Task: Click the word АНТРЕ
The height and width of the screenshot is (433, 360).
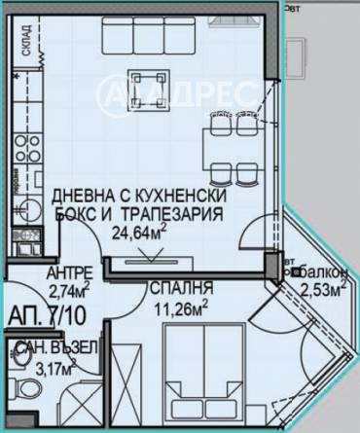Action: pyautogui.click(x=72, y=271)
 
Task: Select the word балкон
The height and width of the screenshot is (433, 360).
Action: pyautogui.click(x=322, y=272)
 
